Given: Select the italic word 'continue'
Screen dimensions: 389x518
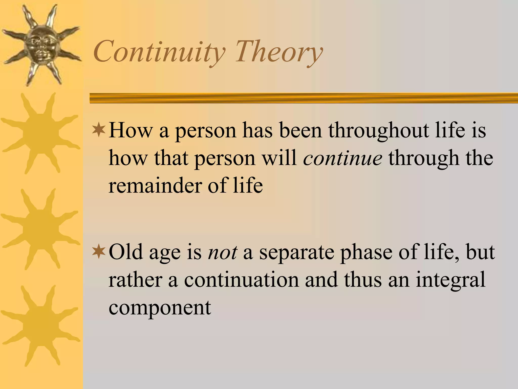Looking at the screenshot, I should [x=343, y=158].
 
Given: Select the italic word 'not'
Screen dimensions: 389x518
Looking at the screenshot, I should [x=222, y=252].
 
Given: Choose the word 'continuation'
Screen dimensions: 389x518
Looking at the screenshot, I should [x=241, y=280].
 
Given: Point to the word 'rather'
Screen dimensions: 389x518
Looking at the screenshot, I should [x=135, y=280].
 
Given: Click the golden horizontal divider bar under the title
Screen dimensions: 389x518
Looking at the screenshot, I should [x=304, y=98].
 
